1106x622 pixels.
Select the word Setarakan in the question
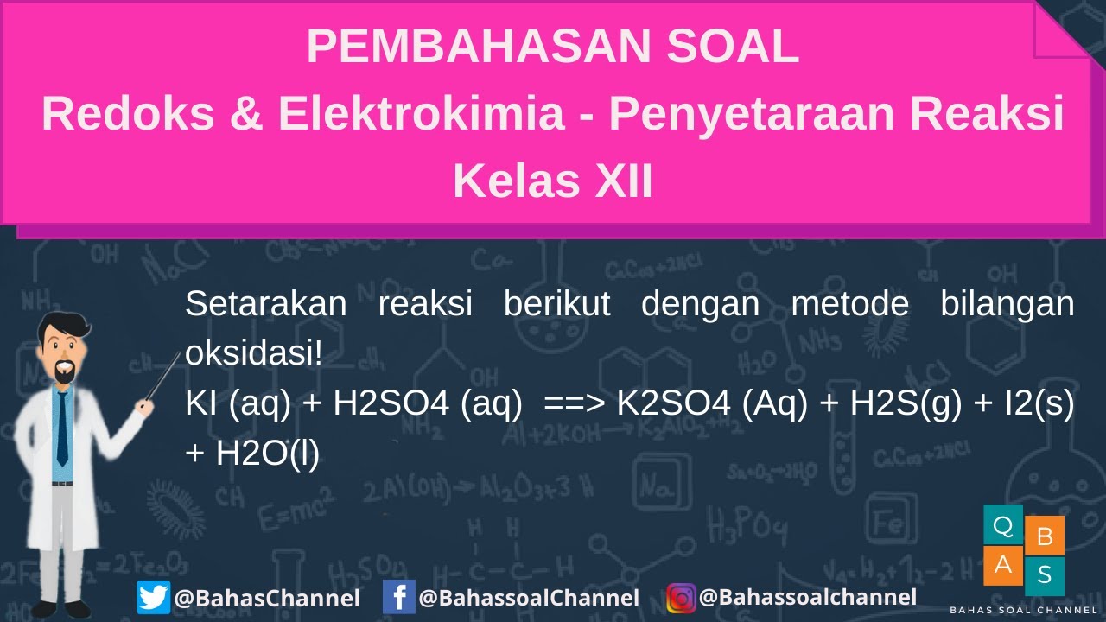tap(266, 304)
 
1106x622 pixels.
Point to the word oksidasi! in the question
tap(253, 353)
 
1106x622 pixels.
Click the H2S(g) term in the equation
tap(906, 403)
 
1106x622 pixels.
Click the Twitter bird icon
tap(153, 597)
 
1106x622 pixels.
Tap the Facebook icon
tap(398, 597)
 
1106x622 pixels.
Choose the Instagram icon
tap(681, 597)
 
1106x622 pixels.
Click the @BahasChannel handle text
tap(266, 598)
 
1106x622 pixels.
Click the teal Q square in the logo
tap(1003, 524)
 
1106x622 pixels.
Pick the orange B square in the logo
tap(1044, 536)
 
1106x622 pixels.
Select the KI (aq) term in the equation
tap(238, 403)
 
